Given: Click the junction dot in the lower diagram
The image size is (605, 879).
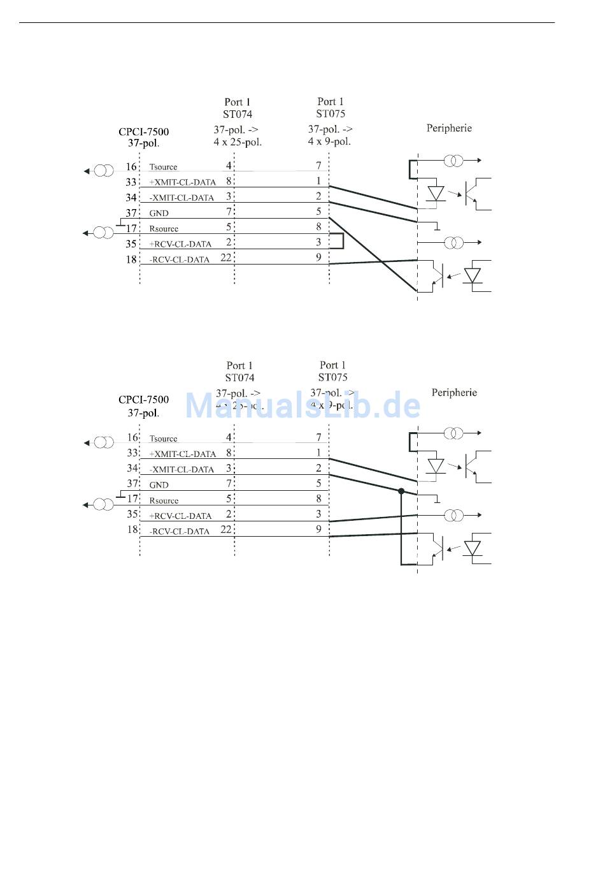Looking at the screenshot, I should [401, 491].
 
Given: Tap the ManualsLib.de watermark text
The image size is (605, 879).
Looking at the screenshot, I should [302, 405].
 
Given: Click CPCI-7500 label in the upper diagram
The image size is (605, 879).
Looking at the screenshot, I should [143, 132].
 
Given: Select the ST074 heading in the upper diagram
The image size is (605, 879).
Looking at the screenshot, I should [238, 115].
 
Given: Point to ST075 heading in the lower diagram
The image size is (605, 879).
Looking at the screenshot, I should [332, 377].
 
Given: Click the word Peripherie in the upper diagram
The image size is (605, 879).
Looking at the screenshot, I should [449, 128].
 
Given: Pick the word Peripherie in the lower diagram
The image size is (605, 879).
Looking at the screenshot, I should [454, 393].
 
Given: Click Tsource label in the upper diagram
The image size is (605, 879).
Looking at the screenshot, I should [163, 167].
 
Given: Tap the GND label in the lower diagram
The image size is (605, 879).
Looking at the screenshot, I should [159, 485].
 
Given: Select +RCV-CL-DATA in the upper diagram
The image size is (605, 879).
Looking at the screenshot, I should [180, 244].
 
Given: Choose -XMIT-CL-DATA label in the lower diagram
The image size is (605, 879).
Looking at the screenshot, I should [181, 470].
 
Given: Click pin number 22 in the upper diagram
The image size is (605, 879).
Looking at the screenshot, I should [226, 258].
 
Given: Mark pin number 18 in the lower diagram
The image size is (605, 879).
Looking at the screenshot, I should [132, 530].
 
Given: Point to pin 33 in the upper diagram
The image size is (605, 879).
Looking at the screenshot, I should [131, 182].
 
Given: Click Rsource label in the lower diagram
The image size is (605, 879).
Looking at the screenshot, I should [164, 501].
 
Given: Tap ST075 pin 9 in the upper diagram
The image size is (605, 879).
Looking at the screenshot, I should [318, 258].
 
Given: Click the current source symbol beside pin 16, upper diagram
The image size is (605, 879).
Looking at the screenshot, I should [103, 171].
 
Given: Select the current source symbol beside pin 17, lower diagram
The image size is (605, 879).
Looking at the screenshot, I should [103, 505].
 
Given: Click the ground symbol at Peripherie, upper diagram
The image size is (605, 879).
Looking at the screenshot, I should [436, 227].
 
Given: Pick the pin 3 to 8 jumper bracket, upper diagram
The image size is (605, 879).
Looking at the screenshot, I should [341, 241].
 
